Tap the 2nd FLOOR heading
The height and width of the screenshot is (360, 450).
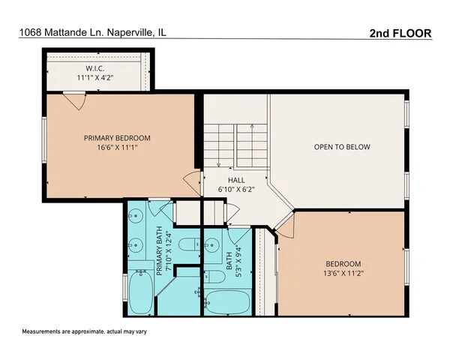401,32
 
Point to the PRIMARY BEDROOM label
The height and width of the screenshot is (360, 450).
117,138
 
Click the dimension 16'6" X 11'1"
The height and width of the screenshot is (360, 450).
117,148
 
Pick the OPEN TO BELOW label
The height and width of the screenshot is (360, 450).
341,147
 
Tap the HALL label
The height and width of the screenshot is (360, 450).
237,180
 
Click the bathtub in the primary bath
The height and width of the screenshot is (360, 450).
140,293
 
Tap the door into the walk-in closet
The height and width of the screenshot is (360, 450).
71,99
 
